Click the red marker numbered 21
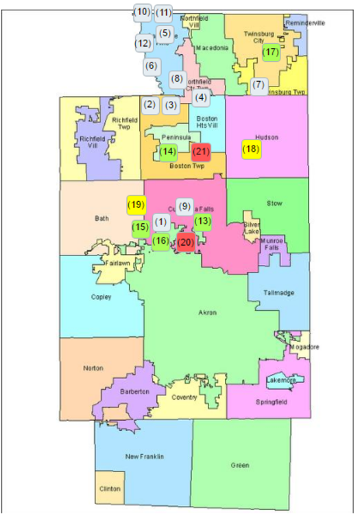(201, 152)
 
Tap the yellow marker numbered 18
(252, 149)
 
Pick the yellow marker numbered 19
(136, 204)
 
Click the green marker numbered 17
(271, 52)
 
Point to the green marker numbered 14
(168, 152)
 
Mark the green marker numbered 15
(141, 227)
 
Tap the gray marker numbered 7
(259, 86)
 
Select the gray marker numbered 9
(184, 206)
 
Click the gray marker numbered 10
(142, 12)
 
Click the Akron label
(206, 313)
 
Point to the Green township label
(239, 466)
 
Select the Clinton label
(110, 489)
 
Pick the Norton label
(93, 369)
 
